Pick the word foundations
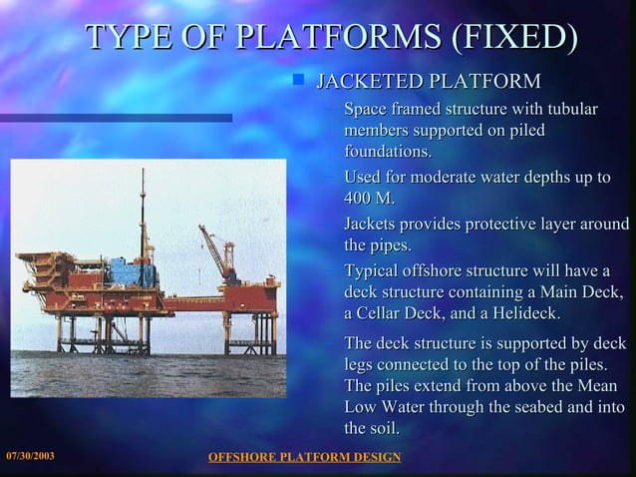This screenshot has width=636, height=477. point(388,152)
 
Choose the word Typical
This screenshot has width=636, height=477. point(376,270)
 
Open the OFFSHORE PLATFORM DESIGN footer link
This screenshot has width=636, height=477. point(303,457)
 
